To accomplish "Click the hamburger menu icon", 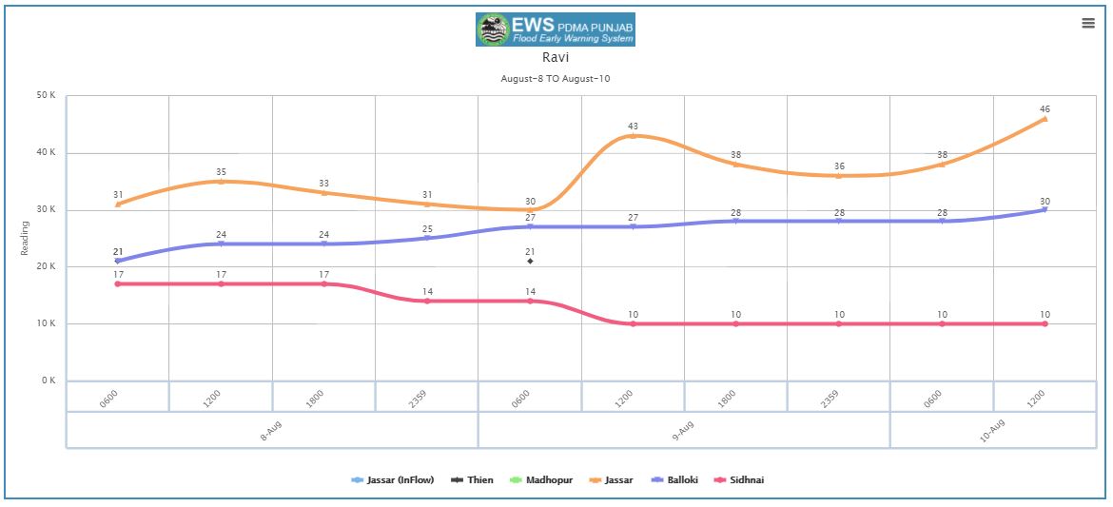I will pyautogui.click(x=1088, y=24).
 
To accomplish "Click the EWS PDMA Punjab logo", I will pyautogui.click(x=555, y=29).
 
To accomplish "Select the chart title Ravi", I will pyautogui.click(x=556, y=58).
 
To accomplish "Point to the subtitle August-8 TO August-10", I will pyautogui.click(x=556, y=78).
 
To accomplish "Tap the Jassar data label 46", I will pyautogui.click(x=1045, y=109).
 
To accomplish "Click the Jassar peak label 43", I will pyautogui.click(x=633, y=127).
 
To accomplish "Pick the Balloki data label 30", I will pyautogui.click(x=1045, y=201).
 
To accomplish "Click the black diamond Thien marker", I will pyautogui.click(x=530, y=261).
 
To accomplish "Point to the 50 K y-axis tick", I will pyautogui.click(x=47, y=96).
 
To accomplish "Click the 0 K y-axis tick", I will pyautogui.click(x=49, y=380).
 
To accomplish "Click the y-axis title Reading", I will pyautogui.click(x=26, y=238).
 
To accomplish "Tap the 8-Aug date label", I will pyautogui.click(x=271, y=430).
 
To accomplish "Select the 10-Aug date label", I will pyautogui.click(x=991, y=430).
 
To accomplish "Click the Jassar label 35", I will pyautogui.click(x=221, y=172).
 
